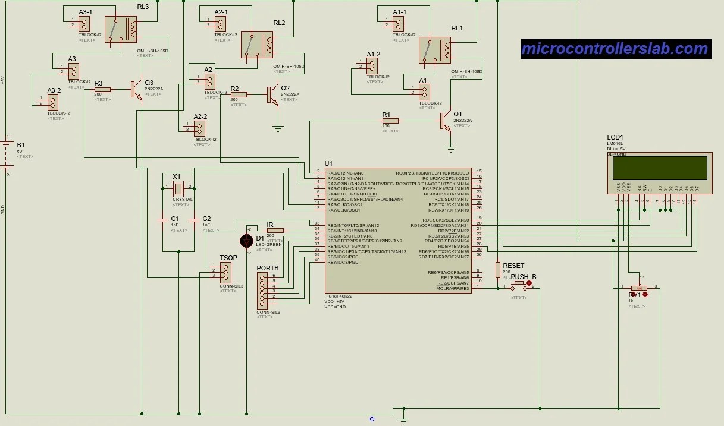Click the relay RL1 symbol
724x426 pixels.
click(434, 50)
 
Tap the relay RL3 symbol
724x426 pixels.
click(121, 29)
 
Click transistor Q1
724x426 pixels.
click(446, 121)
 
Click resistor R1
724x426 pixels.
click(390, 121)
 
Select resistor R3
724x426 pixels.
click(102, 89)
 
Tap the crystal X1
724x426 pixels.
click(178, 188)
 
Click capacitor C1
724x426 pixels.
click(162, 220)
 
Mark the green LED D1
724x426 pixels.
click(246, 241)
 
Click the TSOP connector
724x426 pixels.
click(225, 270)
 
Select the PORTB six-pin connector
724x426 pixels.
click(262, 289)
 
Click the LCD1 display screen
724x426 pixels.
click(657, 168)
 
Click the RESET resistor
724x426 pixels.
click(497, 270)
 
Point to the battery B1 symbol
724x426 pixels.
click(7, 145)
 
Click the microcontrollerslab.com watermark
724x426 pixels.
click(615, 49)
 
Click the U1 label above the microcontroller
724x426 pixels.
click(329, 163)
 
